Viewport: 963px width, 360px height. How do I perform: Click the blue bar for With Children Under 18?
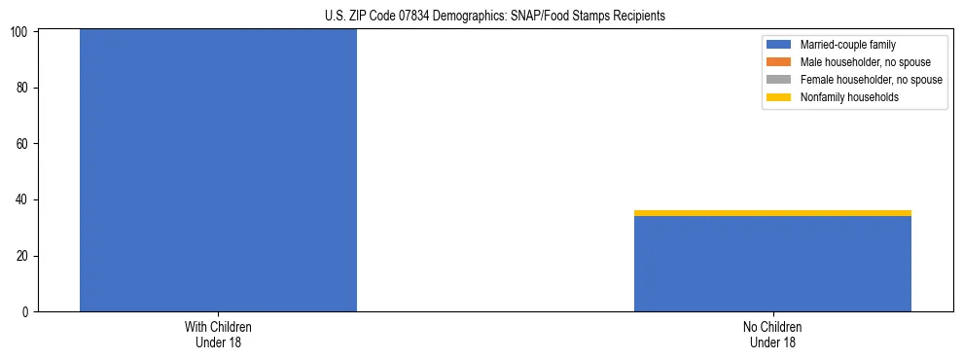point(218,170)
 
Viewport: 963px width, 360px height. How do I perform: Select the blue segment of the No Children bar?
point(772,264)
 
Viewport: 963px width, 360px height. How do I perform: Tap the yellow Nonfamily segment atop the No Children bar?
point(772,213)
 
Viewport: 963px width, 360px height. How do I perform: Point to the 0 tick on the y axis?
point(26,312)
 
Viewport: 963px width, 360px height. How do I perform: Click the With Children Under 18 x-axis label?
point(218,334)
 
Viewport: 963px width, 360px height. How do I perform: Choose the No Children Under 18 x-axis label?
point(772,334)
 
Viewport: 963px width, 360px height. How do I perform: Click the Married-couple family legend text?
point(847,45)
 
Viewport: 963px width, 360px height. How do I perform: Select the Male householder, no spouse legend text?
point(865,62)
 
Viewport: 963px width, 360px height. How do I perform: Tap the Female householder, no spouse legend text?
point(871,80)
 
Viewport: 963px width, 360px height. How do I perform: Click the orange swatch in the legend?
point(779,62)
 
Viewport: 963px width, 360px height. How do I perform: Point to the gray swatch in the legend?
point(779,80)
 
